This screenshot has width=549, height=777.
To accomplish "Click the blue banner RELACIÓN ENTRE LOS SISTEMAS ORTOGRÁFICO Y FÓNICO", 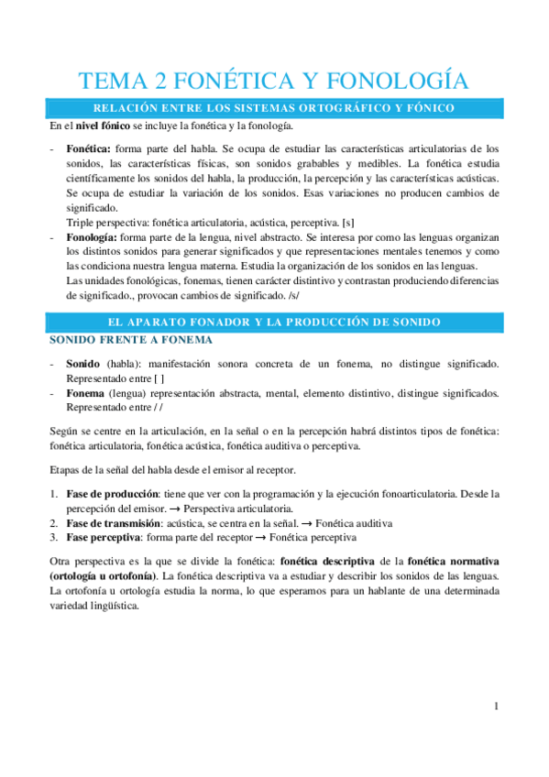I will (x=274, y=108).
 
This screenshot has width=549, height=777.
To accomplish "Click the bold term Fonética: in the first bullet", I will (x=90, y=148).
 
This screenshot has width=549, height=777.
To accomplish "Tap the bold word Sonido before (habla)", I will (x=83, y=364).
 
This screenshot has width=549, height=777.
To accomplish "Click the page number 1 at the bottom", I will (x=496, y=706).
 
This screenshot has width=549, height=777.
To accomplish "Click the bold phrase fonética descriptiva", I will (x=328, y=560).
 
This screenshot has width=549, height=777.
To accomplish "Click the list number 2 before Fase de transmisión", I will (x=53, y=522).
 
